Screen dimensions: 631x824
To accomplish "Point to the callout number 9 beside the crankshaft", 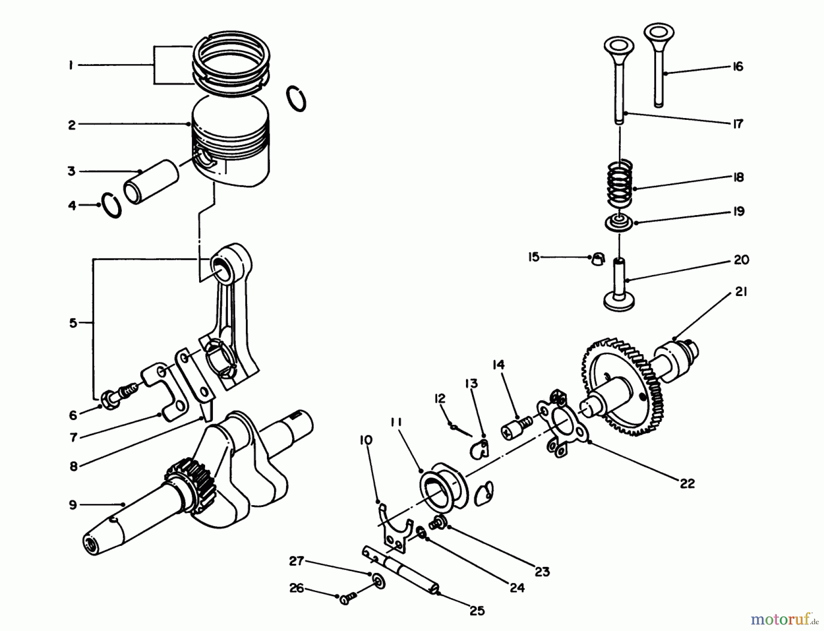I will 73,505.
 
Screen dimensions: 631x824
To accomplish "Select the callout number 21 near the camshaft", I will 741,292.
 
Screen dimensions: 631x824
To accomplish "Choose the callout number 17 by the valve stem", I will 738,124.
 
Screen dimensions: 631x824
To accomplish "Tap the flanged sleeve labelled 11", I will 442,487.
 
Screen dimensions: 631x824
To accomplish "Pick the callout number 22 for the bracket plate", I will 687,483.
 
